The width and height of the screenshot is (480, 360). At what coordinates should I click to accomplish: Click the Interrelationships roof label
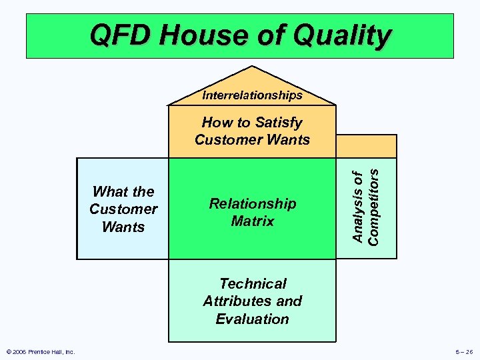pos(252,95)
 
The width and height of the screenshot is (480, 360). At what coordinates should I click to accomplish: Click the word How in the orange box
pos(215,123)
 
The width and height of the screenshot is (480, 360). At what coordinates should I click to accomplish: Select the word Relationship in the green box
pos(252,203)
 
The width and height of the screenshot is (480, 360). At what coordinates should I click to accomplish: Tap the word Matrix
pos(252,221)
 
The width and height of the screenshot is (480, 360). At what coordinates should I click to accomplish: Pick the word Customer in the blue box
pos(123,209)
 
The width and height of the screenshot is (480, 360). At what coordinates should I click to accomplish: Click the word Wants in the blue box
pos(123,227)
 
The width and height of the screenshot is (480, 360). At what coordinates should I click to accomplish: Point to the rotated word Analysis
pos(358,207)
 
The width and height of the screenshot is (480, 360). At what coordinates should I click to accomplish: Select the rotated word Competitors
pos(374,205)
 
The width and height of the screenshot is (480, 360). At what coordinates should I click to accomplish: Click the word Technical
pos(253,284)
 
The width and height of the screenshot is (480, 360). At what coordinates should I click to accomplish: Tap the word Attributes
pos(233,301)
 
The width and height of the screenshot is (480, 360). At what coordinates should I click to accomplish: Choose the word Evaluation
pos(252,319)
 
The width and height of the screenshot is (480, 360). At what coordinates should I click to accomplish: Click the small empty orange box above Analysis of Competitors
pos(366,146)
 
